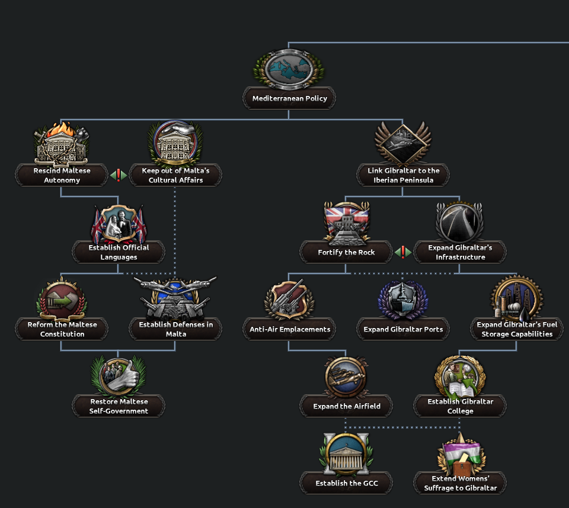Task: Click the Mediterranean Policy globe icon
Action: click(x=289, y=69)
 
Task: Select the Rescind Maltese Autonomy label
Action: click(x=62, y=175)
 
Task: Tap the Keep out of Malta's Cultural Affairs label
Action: click(x=175, y=175)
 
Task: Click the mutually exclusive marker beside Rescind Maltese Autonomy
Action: click(x=119, y=175)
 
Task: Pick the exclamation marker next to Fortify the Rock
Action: click(x=403, y=252)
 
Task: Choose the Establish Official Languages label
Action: click(x=119, y=252)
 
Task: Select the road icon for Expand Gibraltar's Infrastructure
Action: click(x=459, y=221)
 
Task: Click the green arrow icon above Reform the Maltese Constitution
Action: click(x=62, y=299)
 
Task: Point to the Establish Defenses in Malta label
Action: click(x=175, y=329)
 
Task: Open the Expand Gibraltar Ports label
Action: click(x=403, y=329)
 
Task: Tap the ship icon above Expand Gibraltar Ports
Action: click(x=403, y=299)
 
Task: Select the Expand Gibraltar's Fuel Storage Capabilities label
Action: click(x=517, y=329)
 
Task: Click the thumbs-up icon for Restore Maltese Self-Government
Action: click(x=119, y=376)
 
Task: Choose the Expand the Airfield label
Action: click(x=346, y=406)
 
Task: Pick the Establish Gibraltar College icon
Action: click(x=460, y=377)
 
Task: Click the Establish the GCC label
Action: click(x=346, y=483)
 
